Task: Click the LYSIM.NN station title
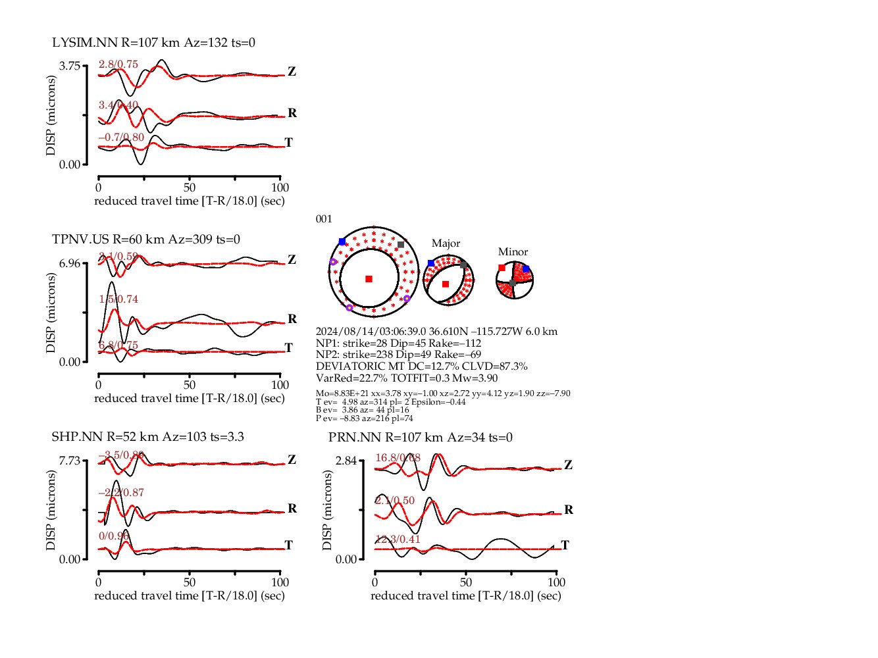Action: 153,43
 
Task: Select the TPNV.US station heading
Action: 146,240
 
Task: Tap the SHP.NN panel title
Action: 147,437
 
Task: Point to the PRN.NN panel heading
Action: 420,438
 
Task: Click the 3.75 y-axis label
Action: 70,66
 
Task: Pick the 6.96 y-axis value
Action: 70,263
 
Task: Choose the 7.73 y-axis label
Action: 70,461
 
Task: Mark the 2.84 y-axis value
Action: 346,461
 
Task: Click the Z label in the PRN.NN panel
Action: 568,465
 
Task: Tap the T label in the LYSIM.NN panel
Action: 288,143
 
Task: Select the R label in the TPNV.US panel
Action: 292,319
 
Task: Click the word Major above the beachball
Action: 446,243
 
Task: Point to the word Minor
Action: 513,252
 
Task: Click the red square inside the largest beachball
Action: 369,279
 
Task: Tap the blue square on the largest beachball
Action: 342,242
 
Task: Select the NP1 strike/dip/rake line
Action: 398,343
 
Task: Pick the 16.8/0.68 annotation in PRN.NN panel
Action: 398,458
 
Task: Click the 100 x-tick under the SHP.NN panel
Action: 280,582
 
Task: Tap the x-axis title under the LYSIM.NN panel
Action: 190,201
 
